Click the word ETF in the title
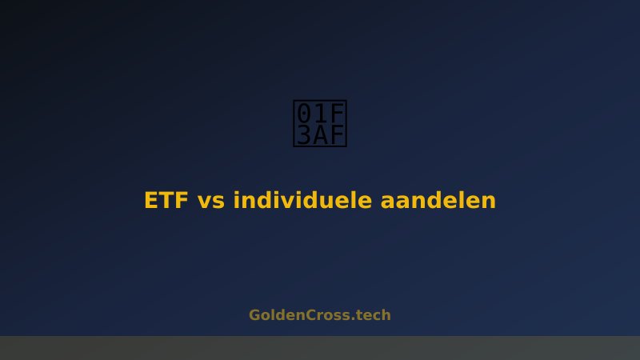[x=166, y=201]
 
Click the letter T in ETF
[x=166, y=201]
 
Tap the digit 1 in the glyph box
[x=320, y=113]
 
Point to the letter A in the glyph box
[x=320, y=135]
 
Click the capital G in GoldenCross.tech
[x=255, y=315]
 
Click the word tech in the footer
[x=373, y=315]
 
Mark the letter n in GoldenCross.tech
[x=302, y=316]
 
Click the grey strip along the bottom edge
[x=320, y=348]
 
